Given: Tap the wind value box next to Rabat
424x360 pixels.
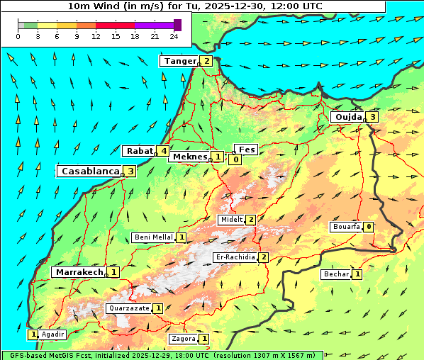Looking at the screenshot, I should tap(163, 151).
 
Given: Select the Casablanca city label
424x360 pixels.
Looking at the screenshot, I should tap(89, 171).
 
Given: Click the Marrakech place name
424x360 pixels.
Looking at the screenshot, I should tap(78, 272).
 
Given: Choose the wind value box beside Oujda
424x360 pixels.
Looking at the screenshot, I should tap(372, 117).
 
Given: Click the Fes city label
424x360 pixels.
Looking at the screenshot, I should tap(247, 150).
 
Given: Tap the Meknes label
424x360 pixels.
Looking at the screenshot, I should tap(189, 157).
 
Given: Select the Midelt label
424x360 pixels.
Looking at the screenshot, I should tap(231, 220).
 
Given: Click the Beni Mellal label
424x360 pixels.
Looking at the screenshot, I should tap(153, 237).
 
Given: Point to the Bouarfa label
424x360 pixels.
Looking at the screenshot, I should tap(346, 227).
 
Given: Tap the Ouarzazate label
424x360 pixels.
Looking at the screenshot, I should tap(128, 308).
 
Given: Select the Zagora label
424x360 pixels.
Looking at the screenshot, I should tap(183, 339).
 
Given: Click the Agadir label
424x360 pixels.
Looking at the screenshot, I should tap(52, 334).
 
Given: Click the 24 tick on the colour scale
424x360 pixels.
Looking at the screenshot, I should tap(174, 36).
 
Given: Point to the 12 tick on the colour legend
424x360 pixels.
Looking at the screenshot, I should tap(96, 36).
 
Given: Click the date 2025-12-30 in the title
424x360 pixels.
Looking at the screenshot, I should tap(242, 6).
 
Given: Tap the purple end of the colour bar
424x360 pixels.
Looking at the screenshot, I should tap(177, 25).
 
